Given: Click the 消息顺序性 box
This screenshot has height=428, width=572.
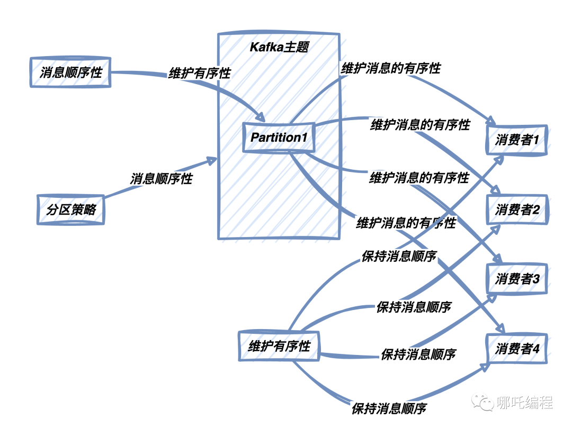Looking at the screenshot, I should (x=69, y=71).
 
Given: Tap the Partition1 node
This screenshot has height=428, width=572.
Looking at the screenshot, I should (x=279, y=138).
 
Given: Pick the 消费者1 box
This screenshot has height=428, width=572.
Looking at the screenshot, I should (x=517, y=141).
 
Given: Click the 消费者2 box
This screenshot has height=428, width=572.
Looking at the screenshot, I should (x=517, y=210).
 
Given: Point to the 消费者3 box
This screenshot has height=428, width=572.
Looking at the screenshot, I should (x=517, y=279).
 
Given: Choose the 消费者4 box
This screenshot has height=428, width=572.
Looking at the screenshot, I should (x=517, y=349).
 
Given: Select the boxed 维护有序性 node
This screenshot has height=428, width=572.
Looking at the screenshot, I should (x=279, y=347).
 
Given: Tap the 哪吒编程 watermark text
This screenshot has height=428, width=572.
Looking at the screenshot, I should (x=525, y=403).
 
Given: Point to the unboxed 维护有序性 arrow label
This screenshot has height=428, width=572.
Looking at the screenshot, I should (x=200, y=73).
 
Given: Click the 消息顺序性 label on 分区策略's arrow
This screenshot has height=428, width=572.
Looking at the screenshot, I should (x=162, y=179).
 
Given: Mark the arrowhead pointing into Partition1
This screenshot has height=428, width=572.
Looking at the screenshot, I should (x=261, y=117).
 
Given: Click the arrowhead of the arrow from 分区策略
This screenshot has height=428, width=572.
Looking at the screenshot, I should (x=213, y=160).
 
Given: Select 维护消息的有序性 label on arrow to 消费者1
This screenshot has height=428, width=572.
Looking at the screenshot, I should (x=391, y=68).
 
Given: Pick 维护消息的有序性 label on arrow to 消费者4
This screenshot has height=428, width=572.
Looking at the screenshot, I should (x=406, y=223).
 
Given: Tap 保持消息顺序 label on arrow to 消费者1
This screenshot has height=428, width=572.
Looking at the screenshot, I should (x=399, y=257).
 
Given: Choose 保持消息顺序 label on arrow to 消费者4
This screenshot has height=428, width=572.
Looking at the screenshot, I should (x=389, y=408).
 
